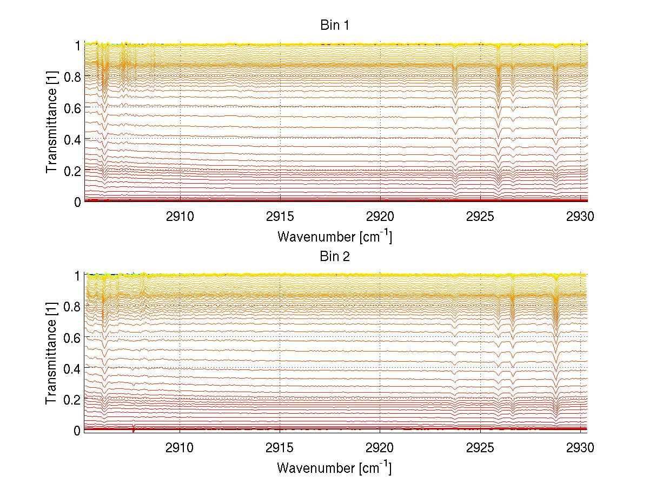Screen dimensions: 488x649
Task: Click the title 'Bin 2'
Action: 335,256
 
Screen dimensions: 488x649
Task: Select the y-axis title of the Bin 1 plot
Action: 52,123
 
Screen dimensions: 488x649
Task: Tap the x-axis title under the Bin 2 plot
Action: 335,466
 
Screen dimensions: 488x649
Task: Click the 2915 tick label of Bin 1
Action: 280,217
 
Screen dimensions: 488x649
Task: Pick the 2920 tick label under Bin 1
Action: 380,217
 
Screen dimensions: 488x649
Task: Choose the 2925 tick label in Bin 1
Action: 480,217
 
